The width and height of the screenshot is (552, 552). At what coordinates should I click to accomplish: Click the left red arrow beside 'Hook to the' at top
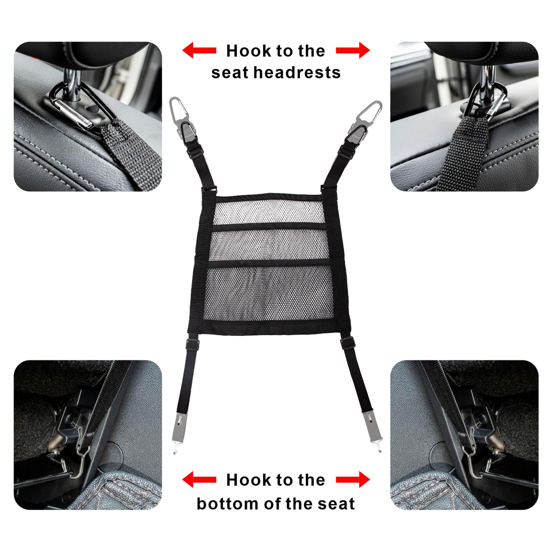coord(199,50)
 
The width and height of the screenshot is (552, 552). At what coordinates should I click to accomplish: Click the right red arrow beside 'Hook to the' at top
coord(353,50)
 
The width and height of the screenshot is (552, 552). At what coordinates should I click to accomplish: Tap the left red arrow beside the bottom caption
coord(199,480)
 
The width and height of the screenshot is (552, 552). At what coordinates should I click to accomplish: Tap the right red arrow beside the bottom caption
coord(353,480)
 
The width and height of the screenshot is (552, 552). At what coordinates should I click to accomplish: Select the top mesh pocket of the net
coord(269,211)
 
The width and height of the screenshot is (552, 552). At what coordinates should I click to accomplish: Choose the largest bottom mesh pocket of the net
coord(270,293)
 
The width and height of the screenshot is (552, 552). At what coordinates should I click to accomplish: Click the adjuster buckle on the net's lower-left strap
coord(193,344)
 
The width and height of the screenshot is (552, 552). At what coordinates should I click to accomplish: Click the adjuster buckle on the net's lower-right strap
coord(348,342)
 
